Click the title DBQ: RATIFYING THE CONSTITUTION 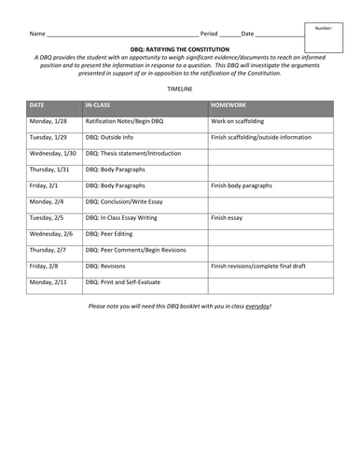(x=179, y=45)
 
